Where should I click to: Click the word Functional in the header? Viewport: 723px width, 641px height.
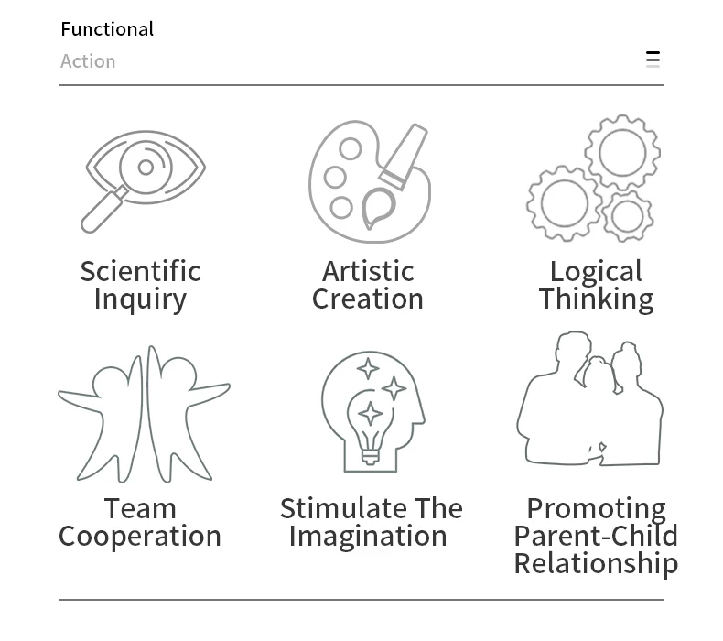coord(107,29)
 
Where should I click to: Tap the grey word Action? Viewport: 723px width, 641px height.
coord(88,61)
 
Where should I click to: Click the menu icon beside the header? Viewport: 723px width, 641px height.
coord(653,60)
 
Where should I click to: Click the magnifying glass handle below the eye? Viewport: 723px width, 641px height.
coord(103,212)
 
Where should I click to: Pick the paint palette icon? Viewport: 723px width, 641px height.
coord(369,181)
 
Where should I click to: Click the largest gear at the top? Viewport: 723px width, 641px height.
coord(622,151)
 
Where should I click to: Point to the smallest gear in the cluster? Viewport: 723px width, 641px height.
coord(627,216)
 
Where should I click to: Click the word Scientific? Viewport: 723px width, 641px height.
coord(140,271)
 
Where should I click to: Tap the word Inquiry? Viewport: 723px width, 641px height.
coord(140,299)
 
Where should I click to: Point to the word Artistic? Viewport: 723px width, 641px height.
coord(368,271)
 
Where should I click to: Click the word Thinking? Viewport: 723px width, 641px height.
coord(596,299)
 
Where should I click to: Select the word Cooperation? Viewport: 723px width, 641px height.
coord(140,537)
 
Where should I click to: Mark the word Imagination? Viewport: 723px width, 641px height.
coord(368,537)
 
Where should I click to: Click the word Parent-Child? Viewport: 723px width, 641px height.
coord(596,537)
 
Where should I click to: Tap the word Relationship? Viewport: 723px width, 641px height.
coord(596,564)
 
